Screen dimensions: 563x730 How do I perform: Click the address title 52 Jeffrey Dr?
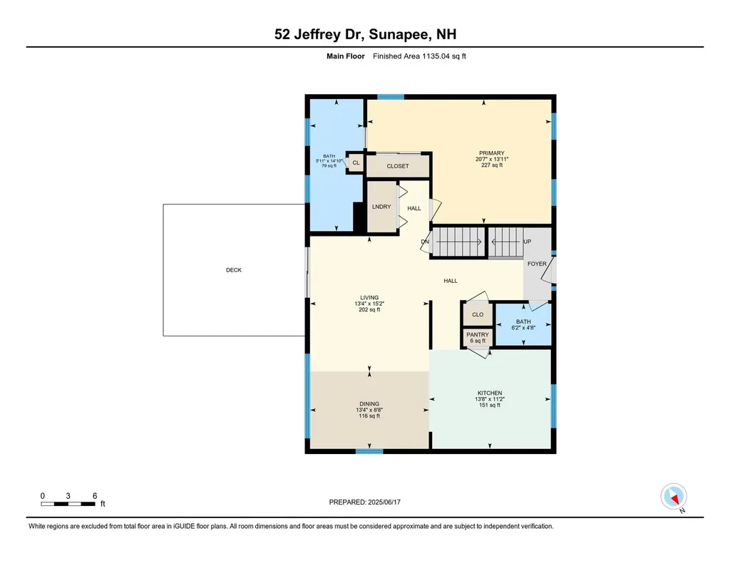[x=365, y=33]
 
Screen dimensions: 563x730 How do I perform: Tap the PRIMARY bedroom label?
[x=491, y=153]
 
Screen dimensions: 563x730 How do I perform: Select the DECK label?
[x=234, y=270]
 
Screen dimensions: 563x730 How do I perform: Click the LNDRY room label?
[x=381, y=207]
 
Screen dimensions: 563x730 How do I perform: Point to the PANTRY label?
[x=478, y=334]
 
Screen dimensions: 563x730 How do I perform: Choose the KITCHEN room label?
[x=490, y=393]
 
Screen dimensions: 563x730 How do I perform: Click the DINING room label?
[x=369, y=403]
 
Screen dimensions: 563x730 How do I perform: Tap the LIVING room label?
[x=369, y=297]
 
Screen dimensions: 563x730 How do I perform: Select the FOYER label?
[x=537, y=264]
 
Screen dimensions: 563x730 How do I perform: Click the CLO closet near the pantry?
[x=478, y=314]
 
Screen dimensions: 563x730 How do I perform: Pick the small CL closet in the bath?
[x=356, y=163]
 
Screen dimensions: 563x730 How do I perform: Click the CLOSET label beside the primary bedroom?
[x=398, y=166]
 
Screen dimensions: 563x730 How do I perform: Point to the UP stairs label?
[x=528, y=242]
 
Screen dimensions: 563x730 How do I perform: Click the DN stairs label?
[x=425, y=242]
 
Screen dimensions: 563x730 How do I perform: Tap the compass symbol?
[x=674, y=496]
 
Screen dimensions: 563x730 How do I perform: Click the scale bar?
[x=68, y=504]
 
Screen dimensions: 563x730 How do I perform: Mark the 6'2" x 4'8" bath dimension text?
[x=523, y=329]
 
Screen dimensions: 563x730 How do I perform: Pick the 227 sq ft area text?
[x=492, y=165]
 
